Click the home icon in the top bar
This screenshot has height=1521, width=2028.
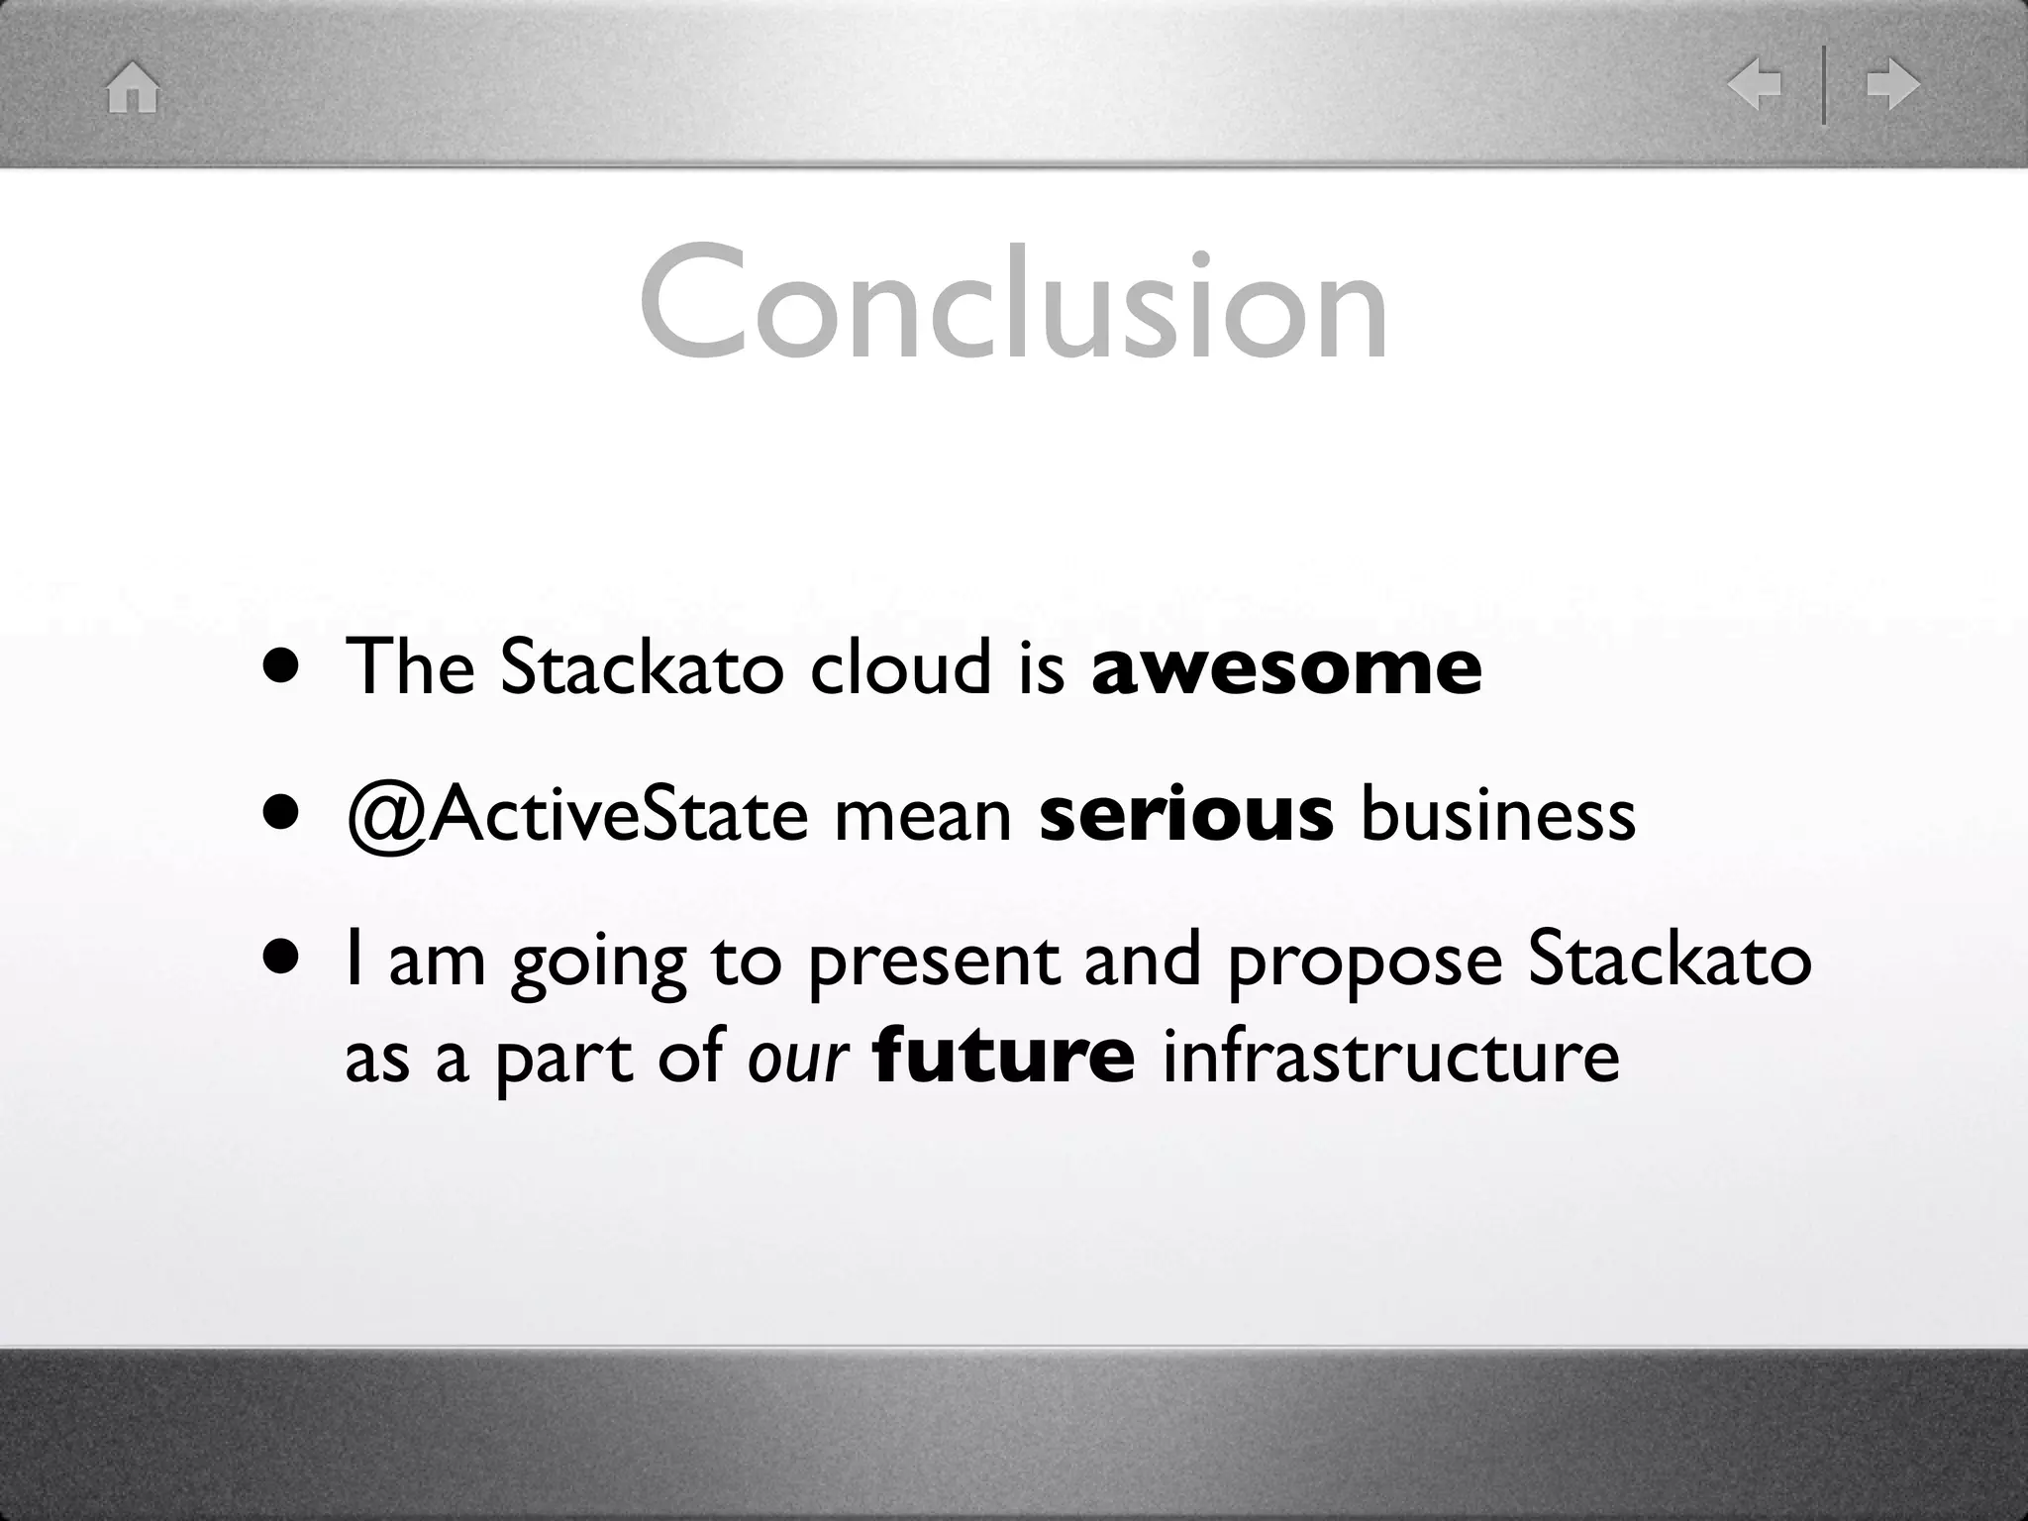(133, 87)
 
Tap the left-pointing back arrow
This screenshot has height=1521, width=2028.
(1754, 85)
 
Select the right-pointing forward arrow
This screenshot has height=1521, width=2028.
(1892, 85)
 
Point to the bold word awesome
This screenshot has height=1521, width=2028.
(1285, 667)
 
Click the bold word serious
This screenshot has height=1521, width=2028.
(1185, 815)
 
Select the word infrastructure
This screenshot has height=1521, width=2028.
(1390, 1057)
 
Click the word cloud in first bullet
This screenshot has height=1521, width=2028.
(899, 667)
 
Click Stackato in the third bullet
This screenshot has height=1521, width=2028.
(1669, 960)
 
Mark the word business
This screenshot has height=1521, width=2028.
(1497, 815)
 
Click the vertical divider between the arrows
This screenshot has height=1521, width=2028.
(1824, 85)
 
